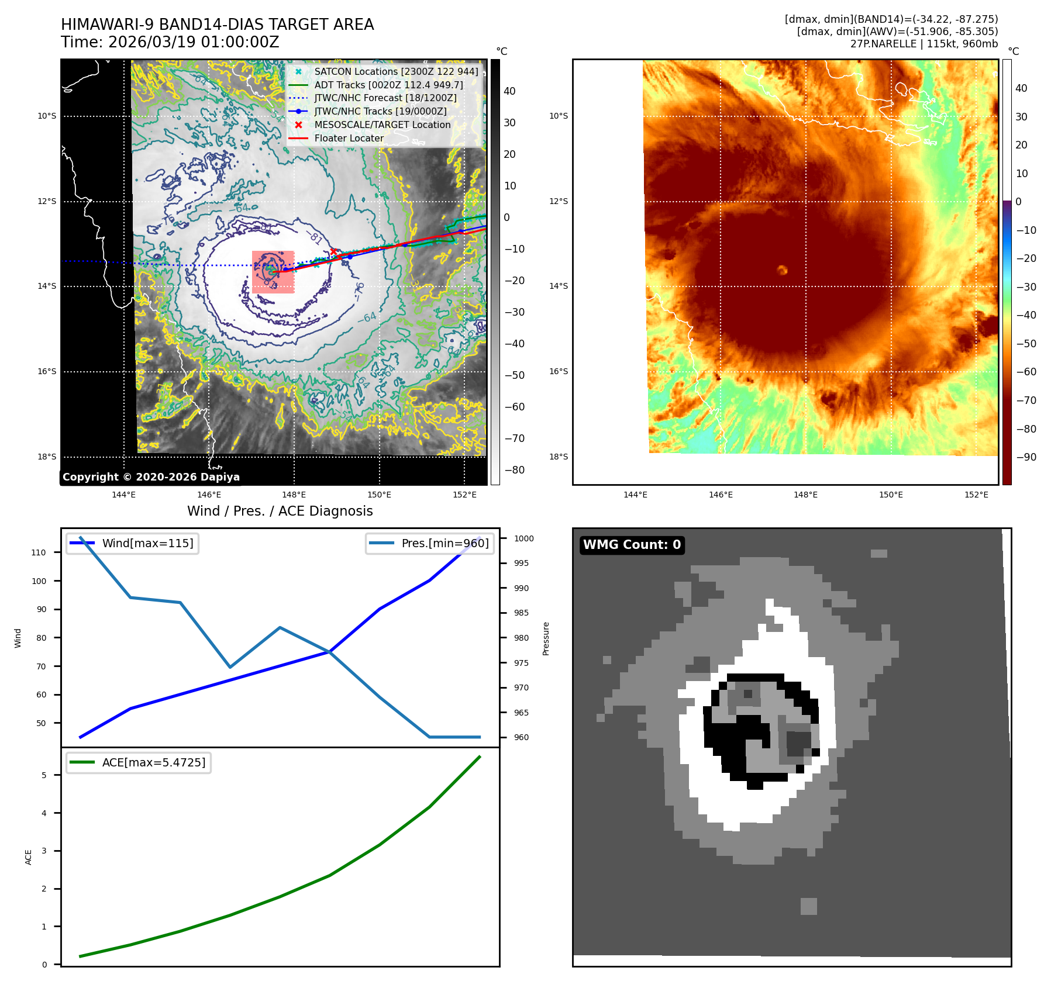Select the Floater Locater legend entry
point(349,139)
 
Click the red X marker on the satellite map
point(333,251)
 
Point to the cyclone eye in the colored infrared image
point(782,270)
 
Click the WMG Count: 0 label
point(632,545)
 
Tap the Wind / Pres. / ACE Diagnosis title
point(280,511)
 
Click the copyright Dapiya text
point(151,477)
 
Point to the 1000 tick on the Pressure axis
point(523,538)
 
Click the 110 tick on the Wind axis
point(39,552)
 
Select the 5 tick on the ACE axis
point(44,775)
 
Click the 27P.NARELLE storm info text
point(923,44)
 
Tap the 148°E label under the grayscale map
point(294,495)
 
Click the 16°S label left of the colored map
point(558,372)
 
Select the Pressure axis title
point(546,638)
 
